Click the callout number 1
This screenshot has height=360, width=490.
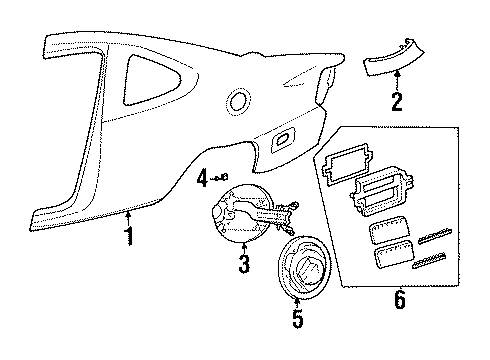coord(129,236)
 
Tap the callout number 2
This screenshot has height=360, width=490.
coord(397,101)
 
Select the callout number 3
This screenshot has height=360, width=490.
coord(244,263)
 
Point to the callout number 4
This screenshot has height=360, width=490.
coord(202,178)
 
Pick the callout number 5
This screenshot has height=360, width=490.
coord(298,318)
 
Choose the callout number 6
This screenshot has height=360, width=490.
coord(400,299)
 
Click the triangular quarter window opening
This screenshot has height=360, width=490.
coord(150,80)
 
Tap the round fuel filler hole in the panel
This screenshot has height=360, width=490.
coord(239,100)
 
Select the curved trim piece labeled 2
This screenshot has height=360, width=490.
coord(393,59)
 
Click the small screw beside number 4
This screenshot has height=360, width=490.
coord(222,177)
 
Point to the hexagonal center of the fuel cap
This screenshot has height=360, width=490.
coord(308,270)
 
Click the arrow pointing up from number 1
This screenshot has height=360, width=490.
coord(128,220)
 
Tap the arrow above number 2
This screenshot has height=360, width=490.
coord(397,81)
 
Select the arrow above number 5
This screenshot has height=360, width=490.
coord(297,303)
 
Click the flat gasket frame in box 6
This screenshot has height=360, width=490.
coord(347,163)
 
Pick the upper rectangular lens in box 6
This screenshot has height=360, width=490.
coord(388,231)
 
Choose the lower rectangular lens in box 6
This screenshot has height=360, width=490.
coord(393,254)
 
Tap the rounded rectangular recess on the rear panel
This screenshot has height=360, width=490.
coord(283,139)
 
